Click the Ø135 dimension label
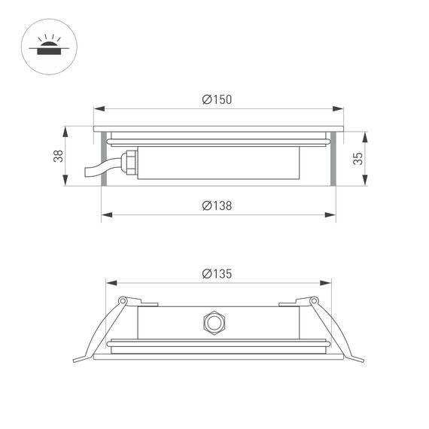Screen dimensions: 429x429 (x=217, y=273)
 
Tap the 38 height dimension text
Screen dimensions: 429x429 (x=58, y=156)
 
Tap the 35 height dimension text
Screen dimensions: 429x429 (x=357, y=158)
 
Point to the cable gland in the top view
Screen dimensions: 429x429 (x=129, y=161)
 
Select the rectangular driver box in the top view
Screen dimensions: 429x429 (x=218, y=161)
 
